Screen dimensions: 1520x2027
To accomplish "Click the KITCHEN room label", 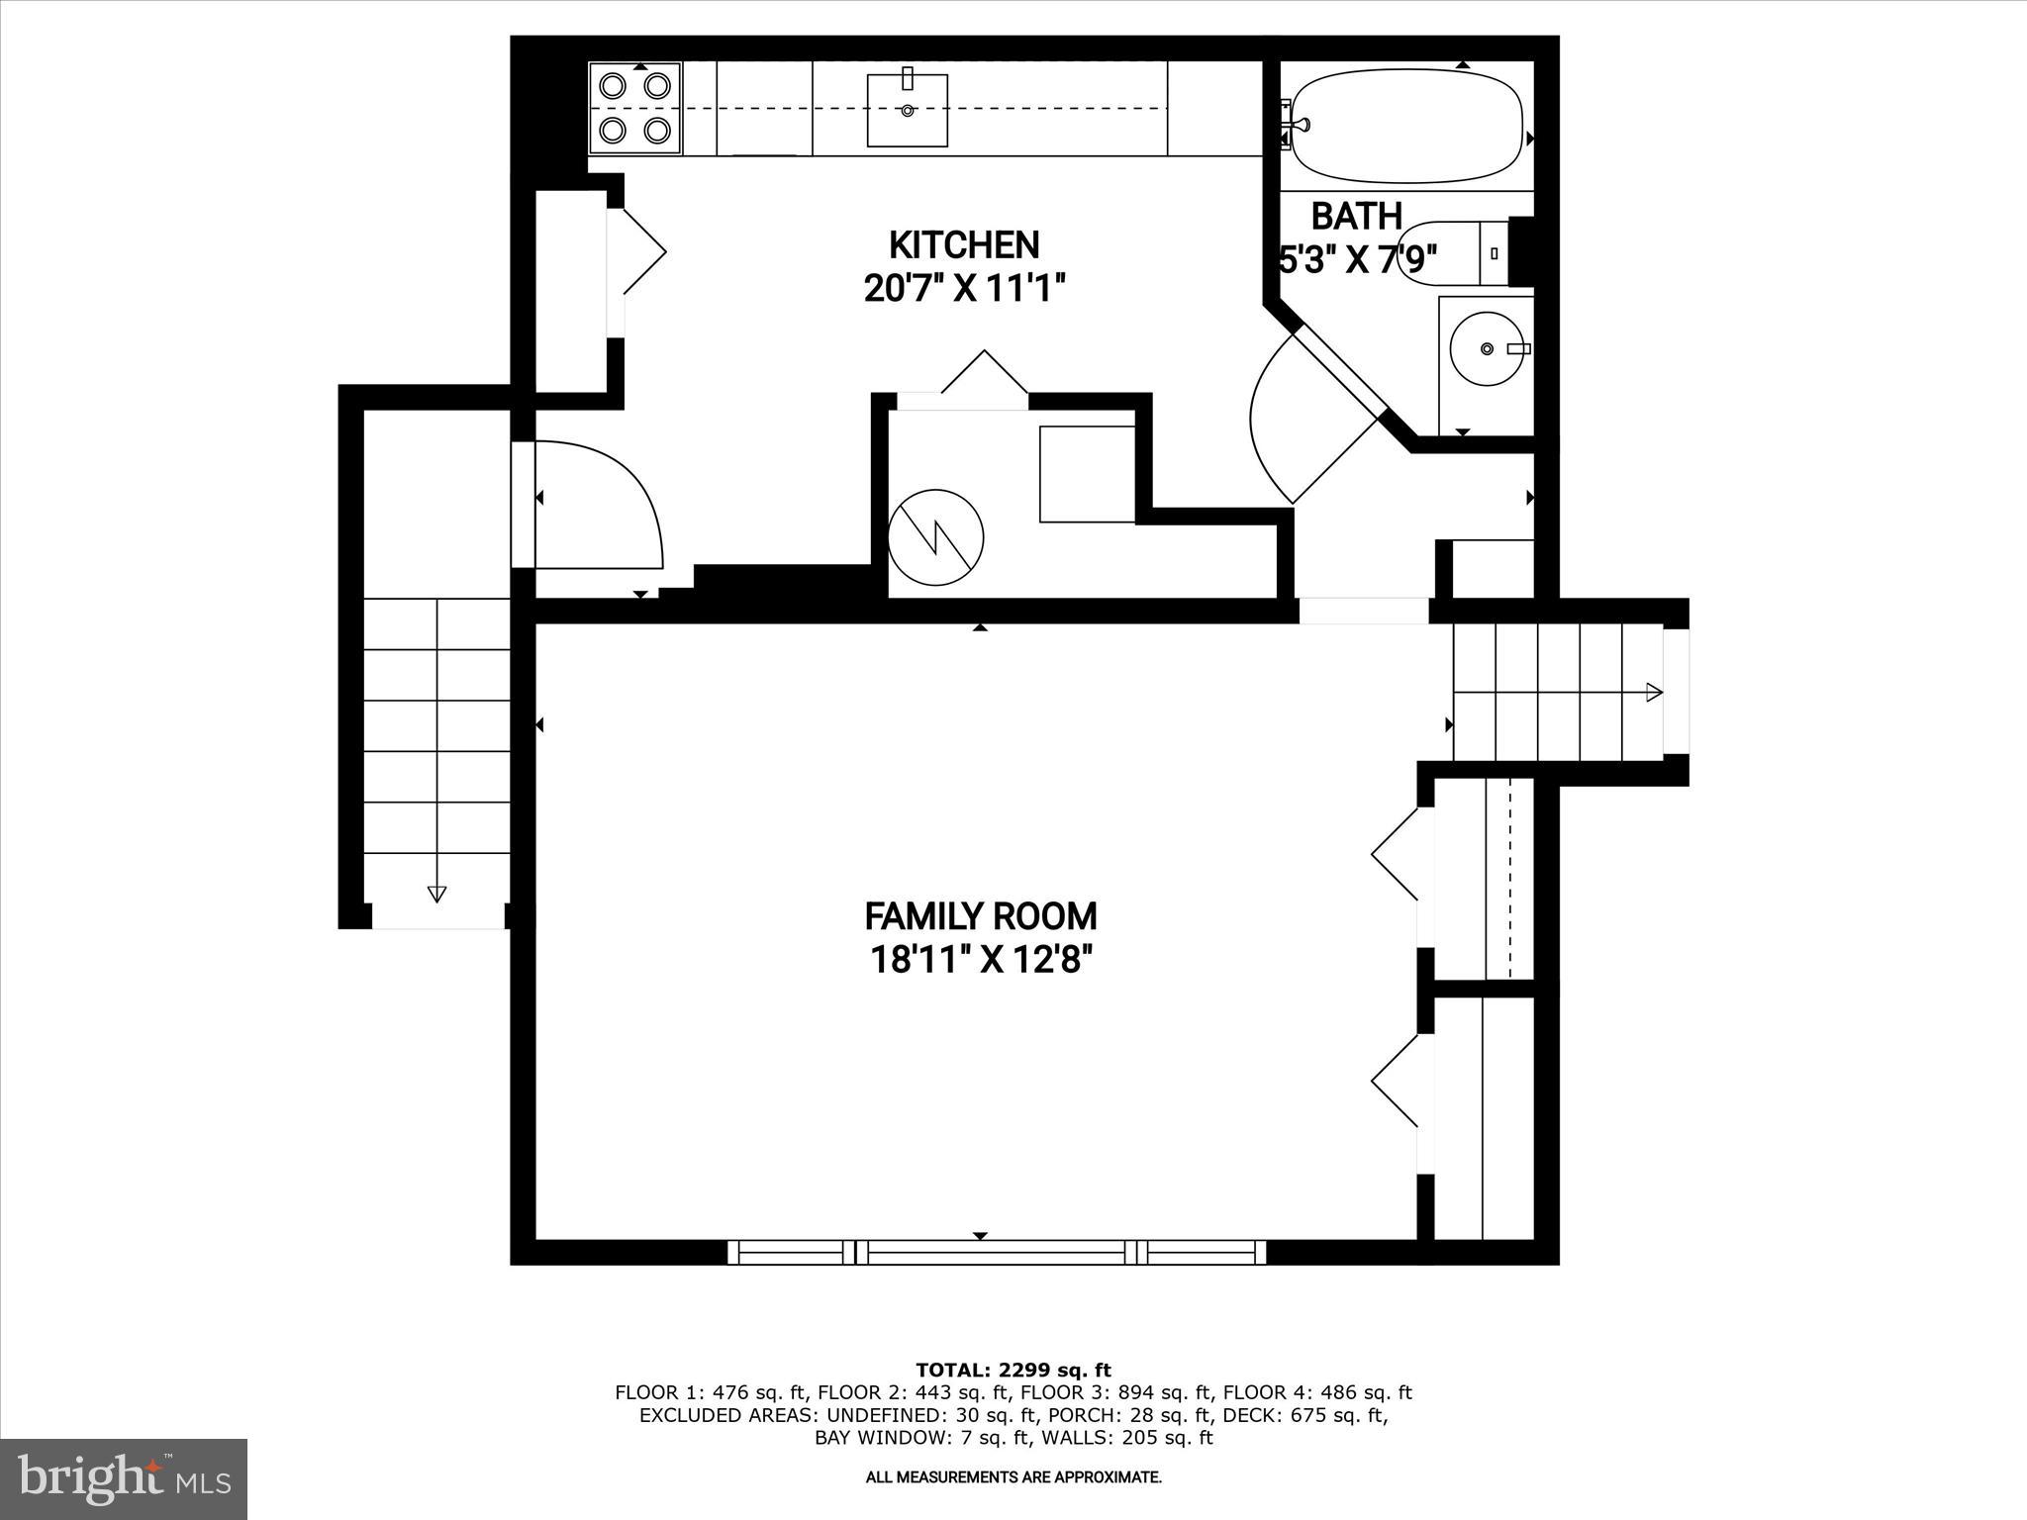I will click(963, 244).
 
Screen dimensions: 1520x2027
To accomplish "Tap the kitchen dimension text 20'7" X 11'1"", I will click(963, 289).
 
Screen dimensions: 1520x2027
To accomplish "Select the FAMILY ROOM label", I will click(980, 916).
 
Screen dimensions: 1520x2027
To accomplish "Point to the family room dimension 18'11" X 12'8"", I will click(980, 960).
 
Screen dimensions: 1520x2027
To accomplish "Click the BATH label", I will click(1356, 216).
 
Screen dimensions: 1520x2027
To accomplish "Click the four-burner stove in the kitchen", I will click(634, 108).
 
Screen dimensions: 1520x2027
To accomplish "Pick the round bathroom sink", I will click(1486, 348).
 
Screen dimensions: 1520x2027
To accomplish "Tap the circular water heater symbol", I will click(935, 538).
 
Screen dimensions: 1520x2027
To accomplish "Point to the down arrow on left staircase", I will click(436, 894).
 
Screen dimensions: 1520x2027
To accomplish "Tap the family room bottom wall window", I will click(997, 1253).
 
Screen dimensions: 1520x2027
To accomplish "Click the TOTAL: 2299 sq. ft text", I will click(1013, 1370).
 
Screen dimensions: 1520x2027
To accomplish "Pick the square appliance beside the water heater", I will click(1086, 474).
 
